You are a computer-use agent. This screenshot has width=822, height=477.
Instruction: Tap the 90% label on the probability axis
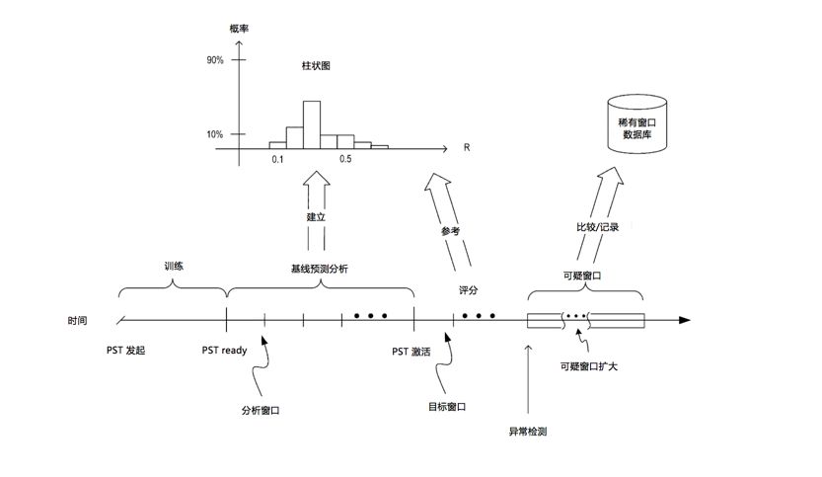click(215, 61)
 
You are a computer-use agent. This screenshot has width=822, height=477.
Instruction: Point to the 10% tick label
click(215, 134)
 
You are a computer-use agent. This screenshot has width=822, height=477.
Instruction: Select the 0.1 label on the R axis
click(277, 159)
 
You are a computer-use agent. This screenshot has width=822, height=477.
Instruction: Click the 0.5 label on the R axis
click(345, 159)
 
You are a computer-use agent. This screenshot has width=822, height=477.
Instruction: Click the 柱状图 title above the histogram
click(316, 67)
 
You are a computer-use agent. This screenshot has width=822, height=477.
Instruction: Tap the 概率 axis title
click(239, 29)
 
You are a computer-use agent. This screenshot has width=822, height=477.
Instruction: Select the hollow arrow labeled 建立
click(316, 212)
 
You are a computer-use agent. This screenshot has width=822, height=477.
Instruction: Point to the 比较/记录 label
click(597, 227)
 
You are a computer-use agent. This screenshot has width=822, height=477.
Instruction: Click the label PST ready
click(224, 351)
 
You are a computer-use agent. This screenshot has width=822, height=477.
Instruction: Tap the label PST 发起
click(125, 351)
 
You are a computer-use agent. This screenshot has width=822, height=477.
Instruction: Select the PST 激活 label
click(411, 352)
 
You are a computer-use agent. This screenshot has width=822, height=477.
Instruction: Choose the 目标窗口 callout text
click(447, 406)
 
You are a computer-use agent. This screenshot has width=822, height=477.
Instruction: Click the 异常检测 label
click(528, 432)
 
